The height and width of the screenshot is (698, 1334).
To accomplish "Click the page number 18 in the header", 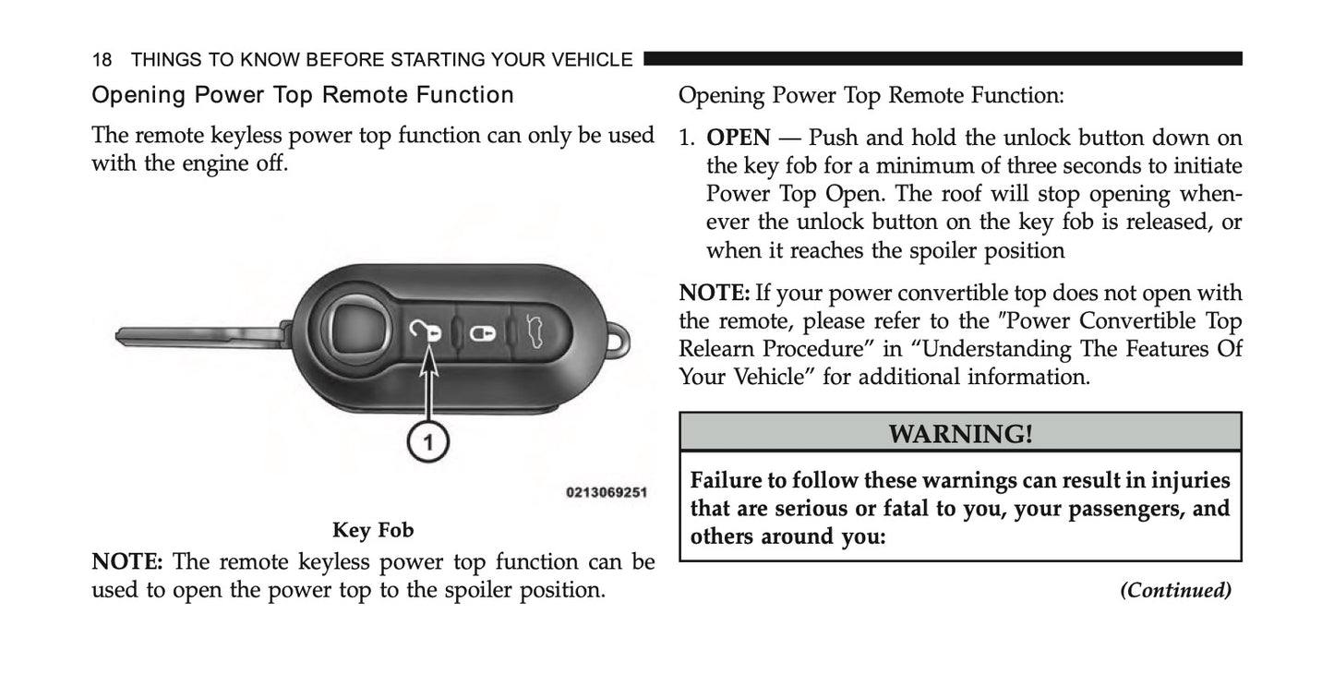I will pyautogui.click(x=102, y=60).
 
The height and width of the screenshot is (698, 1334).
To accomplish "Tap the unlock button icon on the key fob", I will pyautogui.click(x=429, y=331).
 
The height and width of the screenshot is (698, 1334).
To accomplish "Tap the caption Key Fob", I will pyautogui.click(x=373, y=530).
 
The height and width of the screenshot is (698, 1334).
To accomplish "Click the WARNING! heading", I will pyautogui.click(x=959, y=433).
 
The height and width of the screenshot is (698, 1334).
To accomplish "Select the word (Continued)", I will pyautogui.click(x=1174, y=590).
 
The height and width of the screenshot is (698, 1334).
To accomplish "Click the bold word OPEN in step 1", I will pyautogui.click(x=738, y=138).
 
